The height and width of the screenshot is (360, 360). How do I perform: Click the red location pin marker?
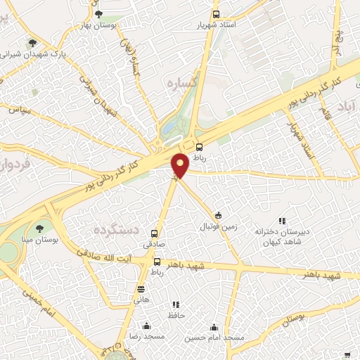click(x=181, y=165)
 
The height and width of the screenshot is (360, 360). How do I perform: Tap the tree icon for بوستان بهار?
click(x=98, y=13)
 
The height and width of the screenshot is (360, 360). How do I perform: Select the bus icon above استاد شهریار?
click(x=216, y=13)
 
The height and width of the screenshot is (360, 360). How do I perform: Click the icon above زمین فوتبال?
click(x=218, y=214)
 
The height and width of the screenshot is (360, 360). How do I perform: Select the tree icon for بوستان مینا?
click(x=39, y=228)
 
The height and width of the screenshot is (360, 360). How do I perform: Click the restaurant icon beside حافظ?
click(x=176, y=304)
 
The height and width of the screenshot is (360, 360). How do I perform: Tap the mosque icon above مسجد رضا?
click(x=146, y=326)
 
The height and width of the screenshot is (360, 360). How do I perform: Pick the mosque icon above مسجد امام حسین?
click(x=214, y=327)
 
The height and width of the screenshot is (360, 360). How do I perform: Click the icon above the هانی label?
click(x=141, y=288)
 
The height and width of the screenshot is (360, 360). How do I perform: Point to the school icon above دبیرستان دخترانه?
click(x=282, y=221)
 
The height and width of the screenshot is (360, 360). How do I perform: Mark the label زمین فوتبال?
click(x=219, y=226)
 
